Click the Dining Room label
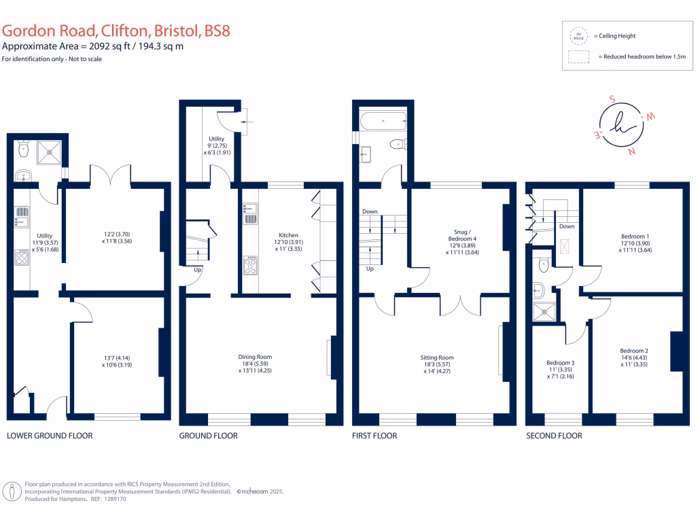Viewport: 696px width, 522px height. tap(255, 357)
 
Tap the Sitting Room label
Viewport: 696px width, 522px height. tap(437, 358)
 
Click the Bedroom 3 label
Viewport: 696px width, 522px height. tap(561, 363)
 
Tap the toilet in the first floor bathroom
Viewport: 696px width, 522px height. tap(396, 144)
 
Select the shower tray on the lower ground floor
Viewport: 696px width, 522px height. tap(50, 152)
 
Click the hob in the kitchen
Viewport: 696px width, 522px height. tap(250, 264)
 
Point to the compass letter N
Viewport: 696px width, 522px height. tap(632, 152)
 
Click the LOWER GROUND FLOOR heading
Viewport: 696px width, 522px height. tap(50, 436)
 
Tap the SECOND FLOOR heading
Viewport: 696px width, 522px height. tap(554, 436)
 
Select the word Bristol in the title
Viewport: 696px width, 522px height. tap(176, 31)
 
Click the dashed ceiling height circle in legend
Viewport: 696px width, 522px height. tap(578, 35)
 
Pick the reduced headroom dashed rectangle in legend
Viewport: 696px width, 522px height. tap(578, 57)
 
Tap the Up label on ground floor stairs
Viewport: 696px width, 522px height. tap(198, 270)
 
